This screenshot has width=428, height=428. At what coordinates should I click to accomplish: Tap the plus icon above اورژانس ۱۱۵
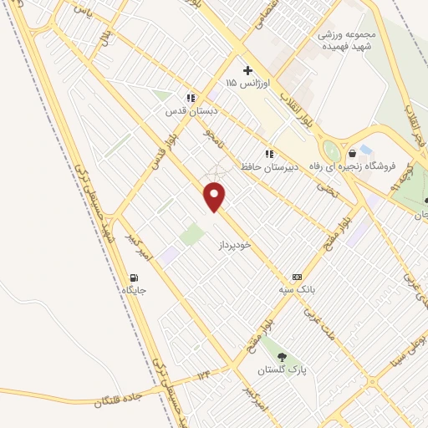[x=247, y=70]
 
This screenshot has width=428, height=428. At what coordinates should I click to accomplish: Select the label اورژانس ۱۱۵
[x=245, y=84]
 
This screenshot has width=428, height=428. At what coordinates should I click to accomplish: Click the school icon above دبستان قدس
[x=191, y=98]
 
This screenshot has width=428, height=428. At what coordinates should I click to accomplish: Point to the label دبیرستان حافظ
[x=269, y=167]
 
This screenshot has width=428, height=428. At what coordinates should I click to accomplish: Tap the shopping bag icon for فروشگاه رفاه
[x=353, y=152]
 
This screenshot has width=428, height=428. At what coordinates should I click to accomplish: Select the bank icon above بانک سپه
[x=296, y=277]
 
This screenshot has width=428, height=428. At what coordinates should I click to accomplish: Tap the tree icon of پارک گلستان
[x=281, y=357]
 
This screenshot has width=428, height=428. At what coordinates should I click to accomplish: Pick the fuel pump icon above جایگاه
[x=134, y=278]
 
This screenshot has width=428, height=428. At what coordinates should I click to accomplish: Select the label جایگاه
[x=134, y=291]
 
